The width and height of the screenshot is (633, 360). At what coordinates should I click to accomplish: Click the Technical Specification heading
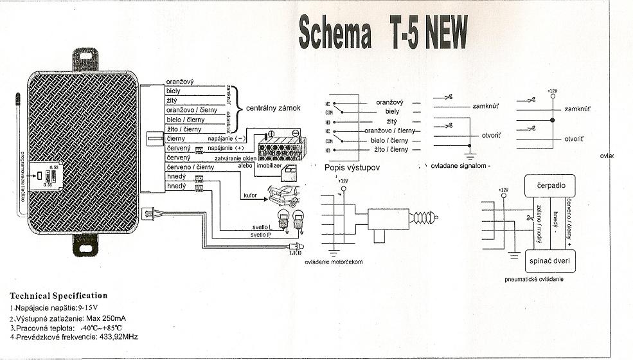coord(58,296)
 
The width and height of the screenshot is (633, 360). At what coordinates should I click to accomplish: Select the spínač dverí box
coord(550,262)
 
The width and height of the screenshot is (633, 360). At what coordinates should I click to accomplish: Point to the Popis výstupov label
coord(353,167)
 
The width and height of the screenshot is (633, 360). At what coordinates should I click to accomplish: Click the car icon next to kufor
coord(283,192)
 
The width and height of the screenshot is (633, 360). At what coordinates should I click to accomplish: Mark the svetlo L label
coord(262,228)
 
